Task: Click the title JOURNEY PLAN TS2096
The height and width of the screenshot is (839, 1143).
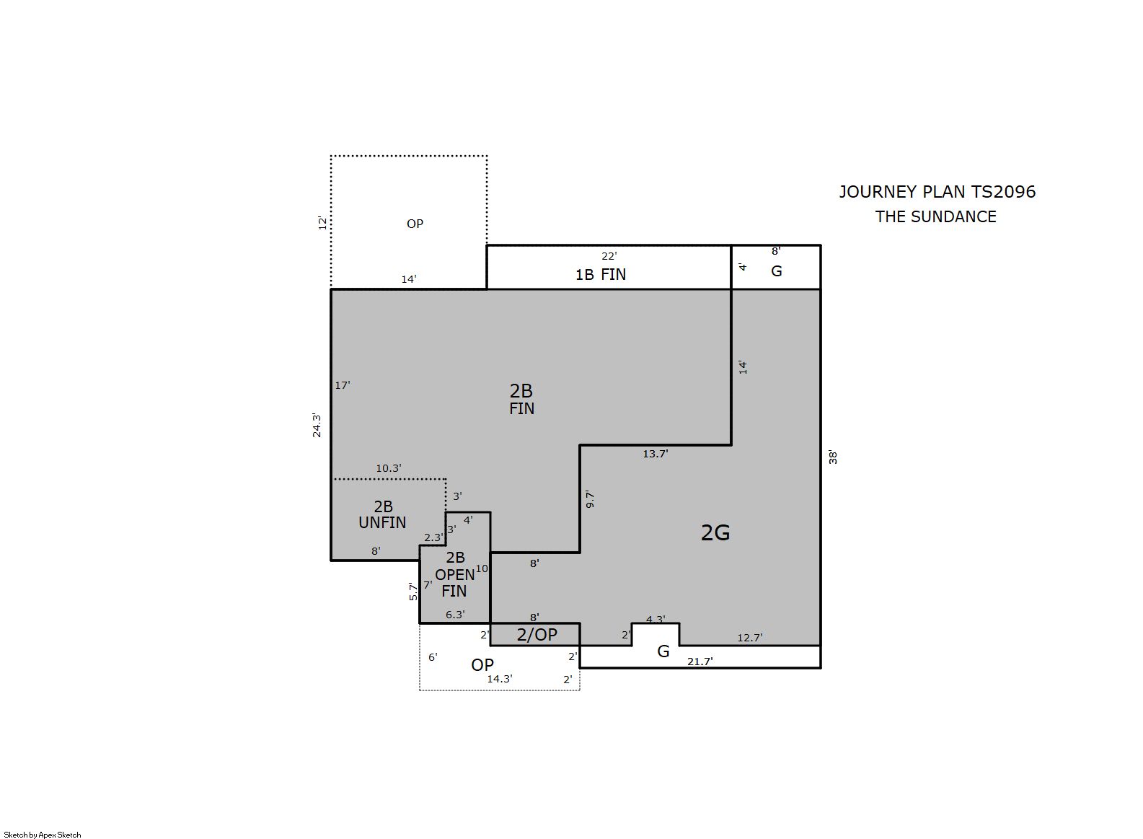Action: (x=937, y=192)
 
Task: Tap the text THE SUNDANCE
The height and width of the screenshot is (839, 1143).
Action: (x=936, y=217)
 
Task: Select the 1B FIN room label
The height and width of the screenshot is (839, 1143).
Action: (x=601, y=275)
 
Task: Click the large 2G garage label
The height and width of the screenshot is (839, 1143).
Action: (x=715, y=533)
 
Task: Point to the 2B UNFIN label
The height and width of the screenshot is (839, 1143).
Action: (x=383, y=514)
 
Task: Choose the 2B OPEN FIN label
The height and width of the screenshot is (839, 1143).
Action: (x=454, y=574)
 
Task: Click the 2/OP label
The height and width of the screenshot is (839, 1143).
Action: (x=537, y=634)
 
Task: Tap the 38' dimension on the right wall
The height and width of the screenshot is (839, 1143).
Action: (x=833, y=457)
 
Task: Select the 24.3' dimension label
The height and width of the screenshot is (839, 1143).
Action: (x=317, y=426)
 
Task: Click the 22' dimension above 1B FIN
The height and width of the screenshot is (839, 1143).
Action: (x=609, y=255)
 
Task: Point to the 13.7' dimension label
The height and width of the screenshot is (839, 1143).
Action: (x=656, y=454)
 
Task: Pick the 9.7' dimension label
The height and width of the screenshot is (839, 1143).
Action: (x=590, y=499)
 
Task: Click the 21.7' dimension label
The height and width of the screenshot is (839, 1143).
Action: (x=700, y=662)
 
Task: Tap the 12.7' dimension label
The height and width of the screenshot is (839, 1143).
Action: (x=750, y=638)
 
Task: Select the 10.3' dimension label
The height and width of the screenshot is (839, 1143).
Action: (x=389, y=468)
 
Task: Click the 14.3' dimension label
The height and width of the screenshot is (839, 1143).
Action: (x=500, y=680)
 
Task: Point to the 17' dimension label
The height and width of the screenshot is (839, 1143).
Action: (x=343, y=385)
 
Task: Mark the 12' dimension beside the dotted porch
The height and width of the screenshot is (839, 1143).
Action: (x=322, y=223)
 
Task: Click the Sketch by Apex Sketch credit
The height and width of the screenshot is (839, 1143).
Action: (x=43, y=835)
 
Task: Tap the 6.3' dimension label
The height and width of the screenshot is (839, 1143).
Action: (x=455, y=615)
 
